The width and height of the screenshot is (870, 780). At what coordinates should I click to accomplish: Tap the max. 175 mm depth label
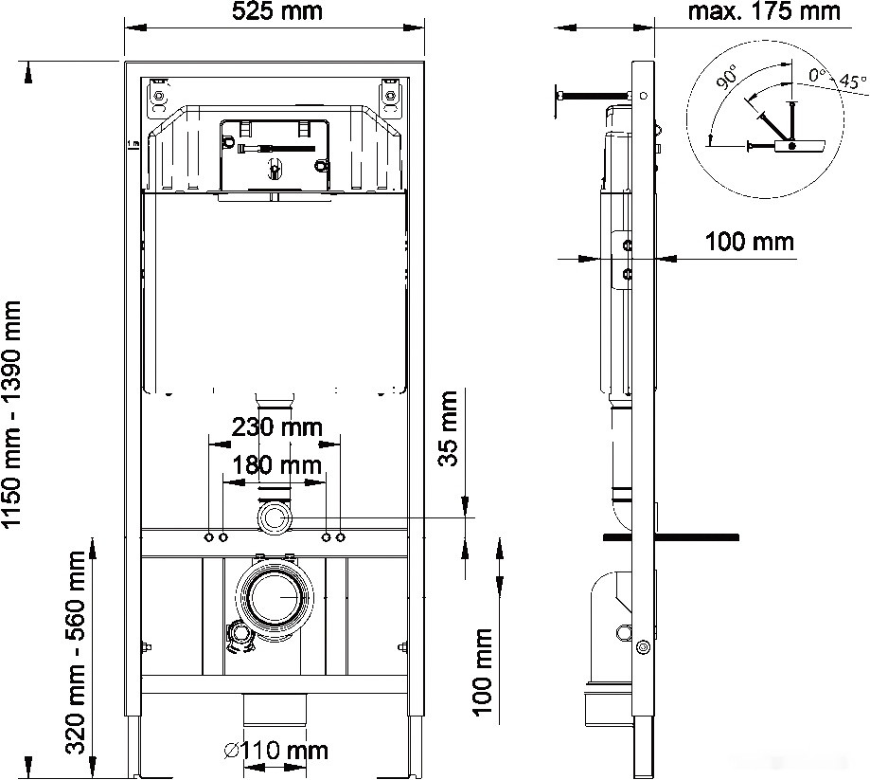coord(764,11)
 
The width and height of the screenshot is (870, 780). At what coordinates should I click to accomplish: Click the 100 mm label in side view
coord(749,241)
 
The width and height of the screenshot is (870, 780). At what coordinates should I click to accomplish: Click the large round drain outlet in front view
coord(275,597)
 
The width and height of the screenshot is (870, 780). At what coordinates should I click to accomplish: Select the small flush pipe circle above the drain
coord(275,518)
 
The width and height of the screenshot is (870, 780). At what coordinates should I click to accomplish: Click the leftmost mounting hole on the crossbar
coord(208,537)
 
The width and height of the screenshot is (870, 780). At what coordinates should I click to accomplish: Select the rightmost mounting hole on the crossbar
coord(340,537)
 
